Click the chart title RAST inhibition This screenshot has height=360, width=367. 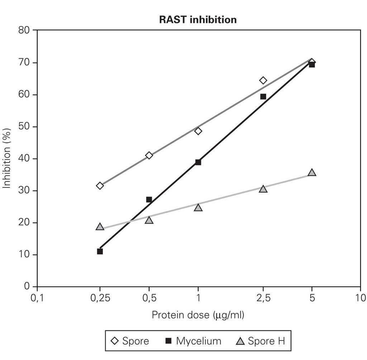tap(198, 20)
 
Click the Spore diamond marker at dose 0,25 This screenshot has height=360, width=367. tap(100, 186)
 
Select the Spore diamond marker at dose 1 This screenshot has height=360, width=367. tap(198, 131)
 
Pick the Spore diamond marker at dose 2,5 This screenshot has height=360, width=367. tap(263, 80)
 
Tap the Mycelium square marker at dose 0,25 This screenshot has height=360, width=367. tap(100, 251)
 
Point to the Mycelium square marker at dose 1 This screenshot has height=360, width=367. tap(198, 162)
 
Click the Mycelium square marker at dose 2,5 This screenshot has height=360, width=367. tap(263, 97)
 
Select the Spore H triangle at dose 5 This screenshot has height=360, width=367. tap(312, 173)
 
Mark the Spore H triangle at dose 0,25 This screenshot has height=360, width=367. tap(100, 227)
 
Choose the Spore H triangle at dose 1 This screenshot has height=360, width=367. tap(198, 207)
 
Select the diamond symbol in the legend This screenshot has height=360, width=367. tap(115, 341)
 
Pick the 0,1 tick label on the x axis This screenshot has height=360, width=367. tap(37, 298)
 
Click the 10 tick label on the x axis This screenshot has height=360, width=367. tap(360, 298)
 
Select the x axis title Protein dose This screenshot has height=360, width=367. tap(198, 315)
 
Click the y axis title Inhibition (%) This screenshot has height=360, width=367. tap(7, 158)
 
